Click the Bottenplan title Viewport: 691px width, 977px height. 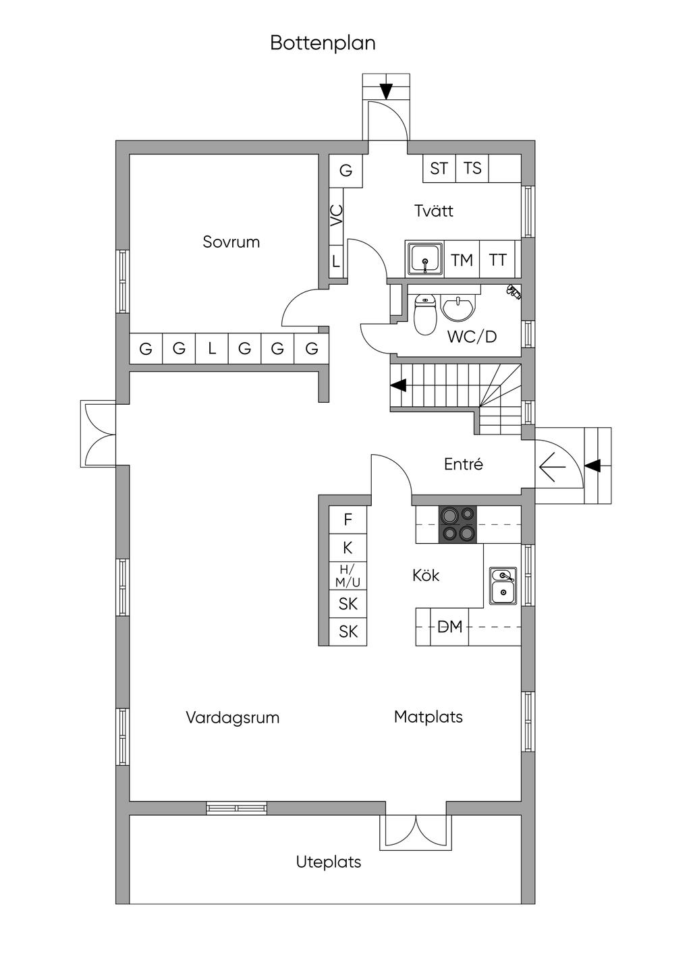point(323,43)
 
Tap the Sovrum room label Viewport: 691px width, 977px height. point(231,242)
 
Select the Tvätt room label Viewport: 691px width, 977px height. point(434,211)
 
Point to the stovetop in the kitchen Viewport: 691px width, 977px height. point(458,524)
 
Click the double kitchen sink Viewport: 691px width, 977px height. point(503,586)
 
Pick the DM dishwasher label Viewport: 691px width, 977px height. point(450,627)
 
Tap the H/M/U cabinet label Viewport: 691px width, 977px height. point(348,576)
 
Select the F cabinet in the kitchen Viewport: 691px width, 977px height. point(348,520)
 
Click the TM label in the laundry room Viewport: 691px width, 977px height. point(462,260)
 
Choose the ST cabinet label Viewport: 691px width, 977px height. point(439,168)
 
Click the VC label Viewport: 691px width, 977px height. point(336,215)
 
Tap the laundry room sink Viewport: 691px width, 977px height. point(425,260)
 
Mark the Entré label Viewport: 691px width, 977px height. point(464,464)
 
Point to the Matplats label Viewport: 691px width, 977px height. point(429,717)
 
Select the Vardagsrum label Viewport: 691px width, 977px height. point(233,717)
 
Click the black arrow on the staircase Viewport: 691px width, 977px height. point(398,385)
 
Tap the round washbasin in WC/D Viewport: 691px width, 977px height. point(458,308)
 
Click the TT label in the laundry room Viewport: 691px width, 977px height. point(497,260)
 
